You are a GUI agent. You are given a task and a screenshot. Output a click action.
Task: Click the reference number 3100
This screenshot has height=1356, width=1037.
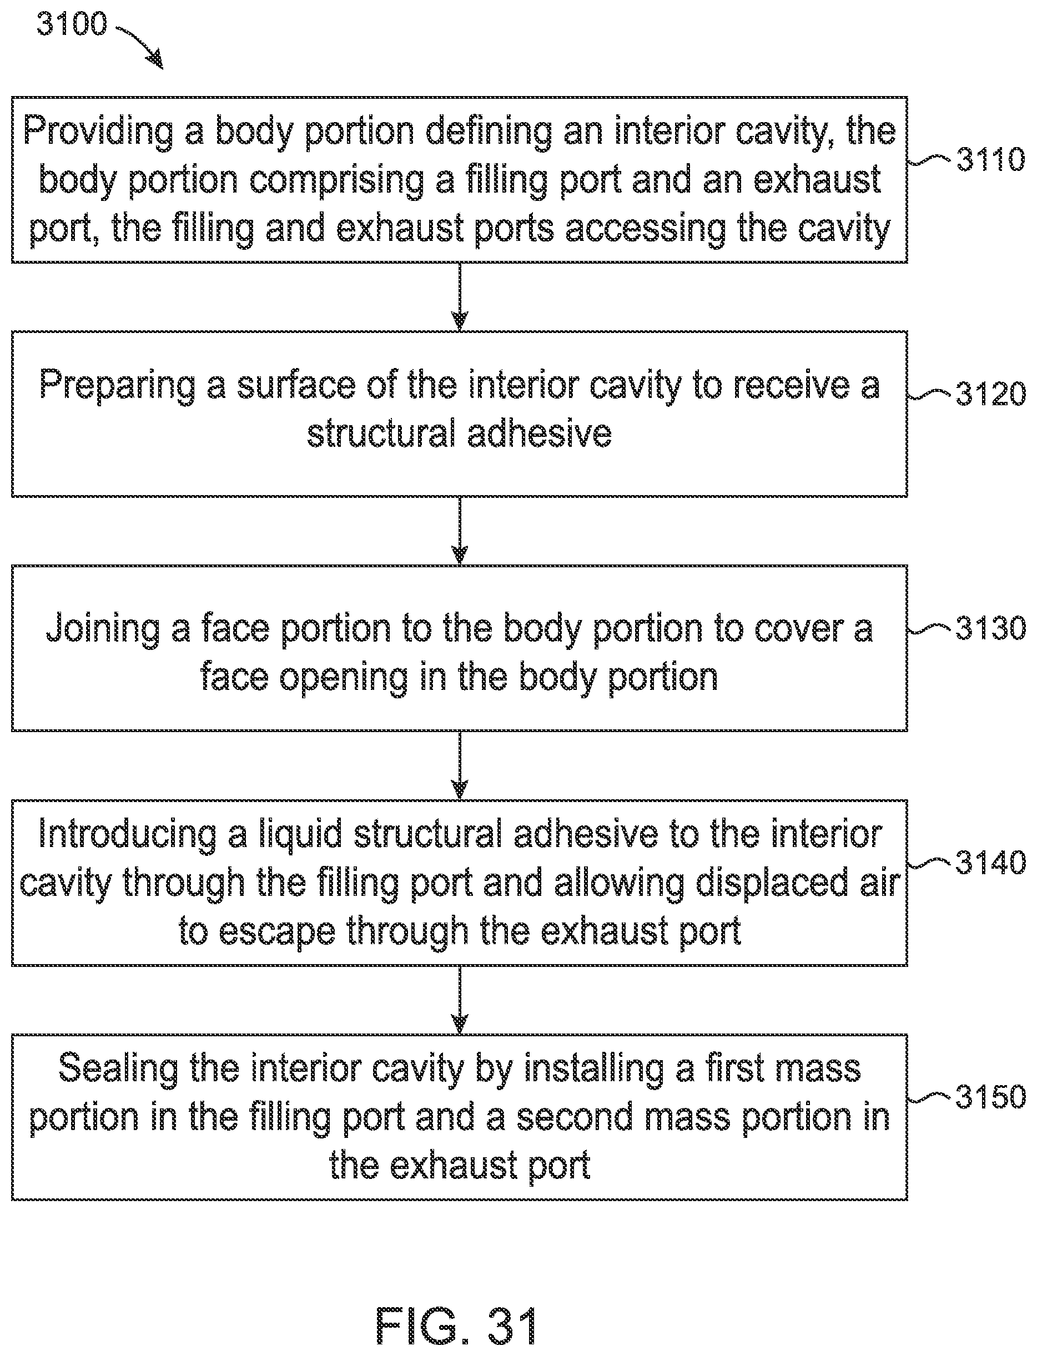point(72,24)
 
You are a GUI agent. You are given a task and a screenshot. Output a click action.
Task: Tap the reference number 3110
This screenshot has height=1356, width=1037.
point(991,160)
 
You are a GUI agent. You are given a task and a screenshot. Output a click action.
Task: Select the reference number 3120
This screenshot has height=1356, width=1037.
point(991,394)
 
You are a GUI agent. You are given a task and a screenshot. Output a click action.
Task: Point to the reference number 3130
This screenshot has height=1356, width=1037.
point(991,628)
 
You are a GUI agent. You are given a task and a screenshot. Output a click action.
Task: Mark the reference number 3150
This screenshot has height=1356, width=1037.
point(991,1097)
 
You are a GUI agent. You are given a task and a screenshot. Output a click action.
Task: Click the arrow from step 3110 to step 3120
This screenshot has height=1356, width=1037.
point(459,297)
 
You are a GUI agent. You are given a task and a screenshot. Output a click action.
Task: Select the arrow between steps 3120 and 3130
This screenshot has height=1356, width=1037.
point(459,531)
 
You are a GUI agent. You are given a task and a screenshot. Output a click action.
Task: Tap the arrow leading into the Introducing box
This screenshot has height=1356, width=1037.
point(459,765)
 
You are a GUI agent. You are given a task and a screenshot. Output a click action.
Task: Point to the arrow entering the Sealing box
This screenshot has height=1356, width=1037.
point(459,1000)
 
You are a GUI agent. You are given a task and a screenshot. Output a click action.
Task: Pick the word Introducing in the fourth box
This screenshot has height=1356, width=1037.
point(127,834)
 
